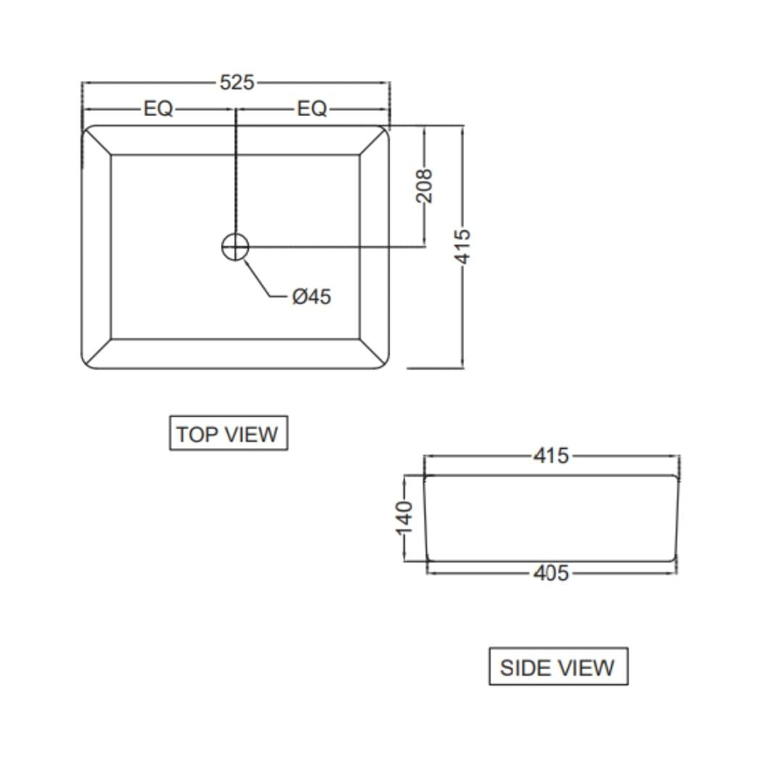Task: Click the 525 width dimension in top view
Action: click(237, 83)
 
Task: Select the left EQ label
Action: click(158, 109)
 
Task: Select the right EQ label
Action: click(312, 109)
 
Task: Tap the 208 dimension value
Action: click(425, 186)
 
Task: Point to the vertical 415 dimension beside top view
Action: click(463, 246)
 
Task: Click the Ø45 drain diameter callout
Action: click(312, 297)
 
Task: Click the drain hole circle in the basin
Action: click(235, 246)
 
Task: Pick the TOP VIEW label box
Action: click(228, 434)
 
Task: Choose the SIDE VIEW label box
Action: click(558, 667)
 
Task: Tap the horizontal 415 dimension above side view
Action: click(551, 456)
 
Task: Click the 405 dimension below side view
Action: click(551, 573)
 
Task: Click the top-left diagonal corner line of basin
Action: click(98, 141)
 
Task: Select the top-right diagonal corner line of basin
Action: click(373, 141)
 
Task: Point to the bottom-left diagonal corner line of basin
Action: click(98, 352)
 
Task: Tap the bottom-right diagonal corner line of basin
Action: click(373, 352)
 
